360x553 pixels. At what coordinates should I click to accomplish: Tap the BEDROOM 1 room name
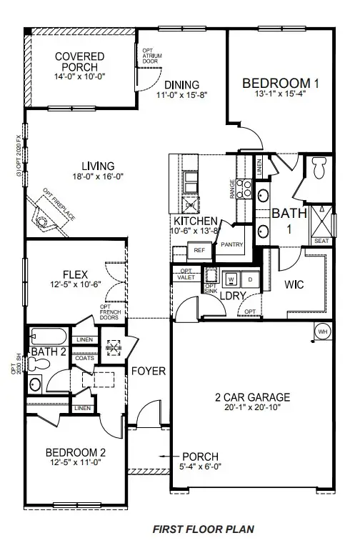click(280, 83)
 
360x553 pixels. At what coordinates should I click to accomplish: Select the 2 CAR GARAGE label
click(251, 397)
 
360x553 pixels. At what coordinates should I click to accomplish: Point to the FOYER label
click(149, 372)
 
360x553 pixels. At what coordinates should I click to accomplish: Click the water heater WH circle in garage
click(322, 332)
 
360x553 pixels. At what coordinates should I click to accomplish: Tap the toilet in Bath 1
click(319, 169)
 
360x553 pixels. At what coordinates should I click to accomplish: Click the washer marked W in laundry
click(231, 278)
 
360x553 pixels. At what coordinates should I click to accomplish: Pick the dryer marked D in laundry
click(249, 278)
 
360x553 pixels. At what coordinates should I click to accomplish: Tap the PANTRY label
click(232, 245)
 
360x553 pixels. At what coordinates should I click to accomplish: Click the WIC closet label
click(295, 284)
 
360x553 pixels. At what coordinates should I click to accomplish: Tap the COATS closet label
click(84, 359)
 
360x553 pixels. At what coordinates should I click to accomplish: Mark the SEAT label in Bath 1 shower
click(321, 241)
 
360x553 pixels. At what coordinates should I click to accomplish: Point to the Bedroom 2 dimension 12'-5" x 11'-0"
click(76, 462)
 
